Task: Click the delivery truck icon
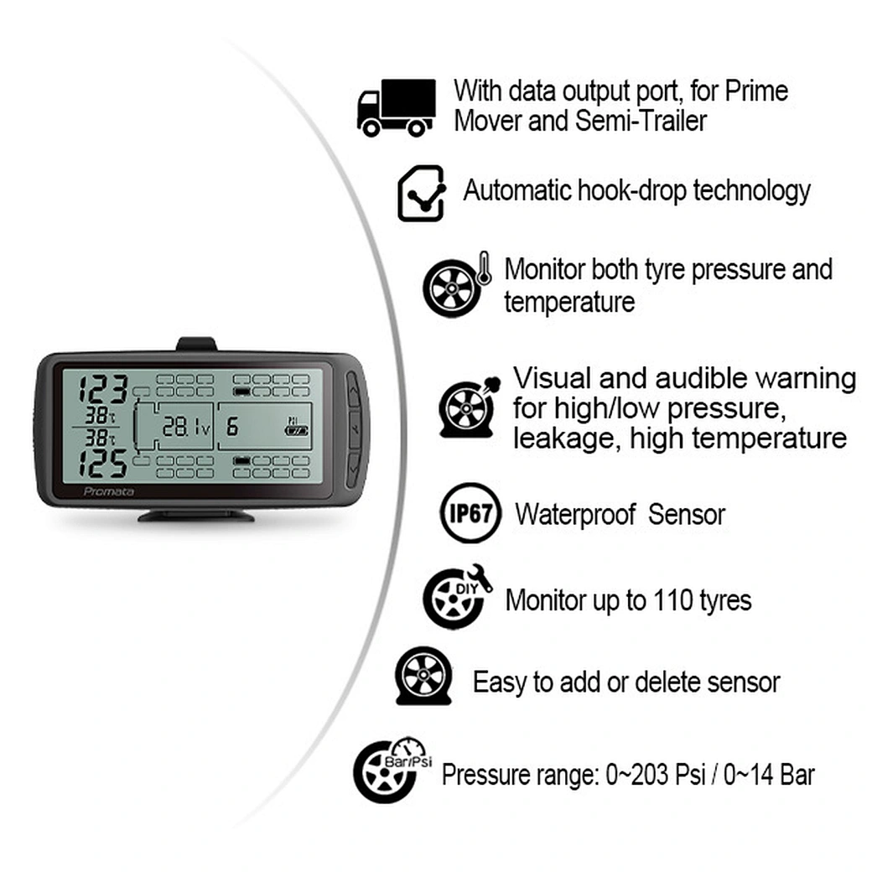[x=396, y=107]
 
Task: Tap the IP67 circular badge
[x=470, y=512]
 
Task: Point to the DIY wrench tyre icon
[x=455, y=598]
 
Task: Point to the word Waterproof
[x=575, y=514]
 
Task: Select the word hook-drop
[x=638, y=191]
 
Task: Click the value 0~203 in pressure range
[x=637, y=775]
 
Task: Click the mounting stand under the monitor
[x=195, y=514]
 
